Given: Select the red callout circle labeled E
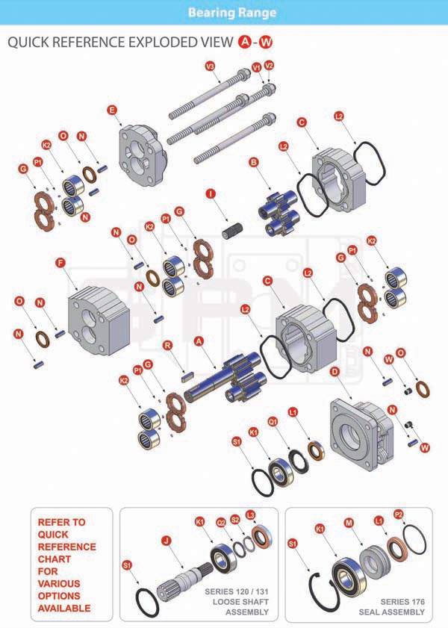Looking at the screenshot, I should (113, 111).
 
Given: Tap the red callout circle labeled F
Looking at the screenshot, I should (60, 262).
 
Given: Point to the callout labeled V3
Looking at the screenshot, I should (210, 66).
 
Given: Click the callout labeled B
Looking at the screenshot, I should (254, 161).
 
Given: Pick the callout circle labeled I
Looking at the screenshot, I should (211, 194).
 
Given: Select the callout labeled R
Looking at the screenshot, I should (168, 345).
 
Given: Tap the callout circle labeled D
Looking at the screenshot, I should (335, 371).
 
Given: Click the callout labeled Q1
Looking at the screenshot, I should (273, 422).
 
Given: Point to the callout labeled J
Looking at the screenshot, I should (167, 540).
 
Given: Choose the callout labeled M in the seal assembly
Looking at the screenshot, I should (348, 523).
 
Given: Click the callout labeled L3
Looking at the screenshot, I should (250, 514).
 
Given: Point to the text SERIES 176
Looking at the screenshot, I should (402, 601).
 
